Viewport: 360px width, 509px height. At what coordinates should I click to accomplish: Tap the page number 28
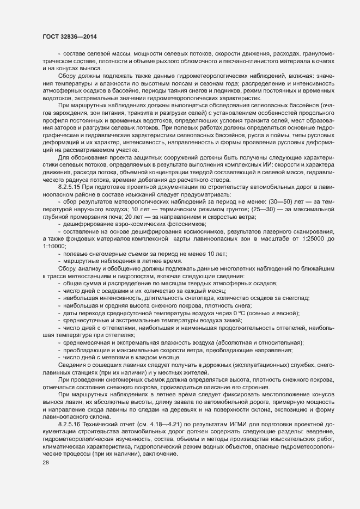click(x=46, y=477)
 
